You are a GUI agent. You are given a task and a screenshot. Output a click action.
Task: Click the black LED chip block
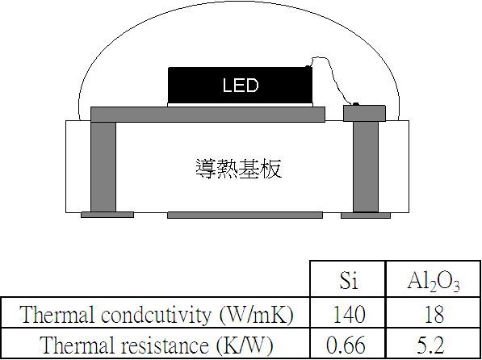tap(240, 86)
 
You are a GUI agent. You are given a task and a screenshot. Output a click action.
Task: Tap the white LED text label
tap(241, 86)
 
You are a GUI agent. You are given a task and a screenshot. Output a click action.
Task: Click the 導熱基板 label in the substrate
tap(239, 169)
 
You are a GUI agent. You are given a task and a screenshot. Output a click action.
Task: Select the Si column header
tap(349, 280)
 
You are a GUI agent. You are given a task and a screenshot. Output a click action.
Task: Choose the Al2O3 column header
tap(434, 282)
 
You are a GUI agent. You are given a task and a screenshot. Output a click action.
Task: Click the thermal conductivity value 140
tap(350, 314)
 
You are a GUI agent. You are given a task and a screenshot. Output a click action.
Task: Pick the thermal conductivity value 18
tap(434, 314)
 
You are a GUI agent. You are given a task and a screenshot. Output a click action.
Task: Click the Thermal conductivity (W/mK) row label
tap(156, 315)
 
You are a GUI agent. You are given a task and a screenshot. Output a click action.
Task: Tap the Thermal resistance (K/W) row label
tap(156, 345)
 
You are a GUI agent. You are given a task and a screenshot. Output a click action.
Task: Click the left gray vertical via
tap(103, 166)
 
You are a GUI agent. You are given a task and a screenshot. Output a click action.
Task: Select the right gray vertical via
tap(366, 166)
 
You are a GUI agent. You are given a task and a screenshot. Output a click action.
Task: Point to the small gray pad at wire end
tap(364, 114)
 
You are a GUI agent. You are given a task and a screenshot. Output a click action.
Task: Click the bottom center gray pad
tap(245, 216)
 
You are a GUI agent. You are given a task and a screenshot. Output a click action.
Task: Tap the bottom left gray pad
tap(107, 215)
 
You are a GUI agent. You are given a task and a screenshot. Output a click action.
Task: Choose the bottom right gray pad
tap(366, 216)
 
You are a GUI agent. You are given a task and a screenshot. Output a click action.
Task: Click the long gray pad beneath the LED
tap(207, 115)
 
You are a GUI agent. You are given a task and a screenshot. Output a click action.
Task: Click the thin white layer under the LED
tap(240, 105)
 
